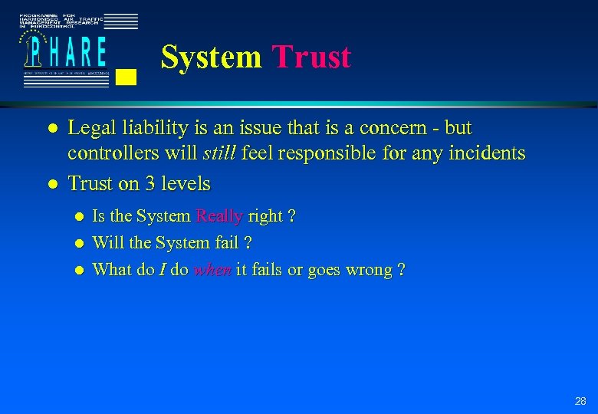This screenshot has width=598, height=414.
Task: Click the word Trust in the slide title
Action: click(x=311, y=58)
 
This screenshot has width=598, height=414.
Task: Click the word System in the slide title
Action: click(x=212, y=58)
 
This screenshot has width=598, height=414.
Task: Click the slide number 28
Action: click(x=580, y=401)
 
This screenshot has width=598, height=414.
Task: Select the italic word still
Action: click(x=220, y=154)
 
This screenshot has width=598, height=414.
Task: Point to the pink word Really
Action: click(x=219, y=217)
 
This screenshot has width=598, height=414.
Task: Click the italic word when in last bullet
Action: click(x=212, y=270)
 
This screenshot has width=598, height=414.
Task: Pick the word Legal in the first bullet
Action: click(x=93, y=128)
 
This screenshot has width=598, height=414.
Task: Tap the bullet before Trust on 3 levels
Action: click(x=50, y=185)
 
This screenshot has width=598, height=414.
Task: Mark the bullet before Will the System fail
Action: click(x=80, y=244)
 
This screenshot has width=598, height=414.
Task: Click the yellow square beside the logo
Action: click(x=128, y=76)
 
